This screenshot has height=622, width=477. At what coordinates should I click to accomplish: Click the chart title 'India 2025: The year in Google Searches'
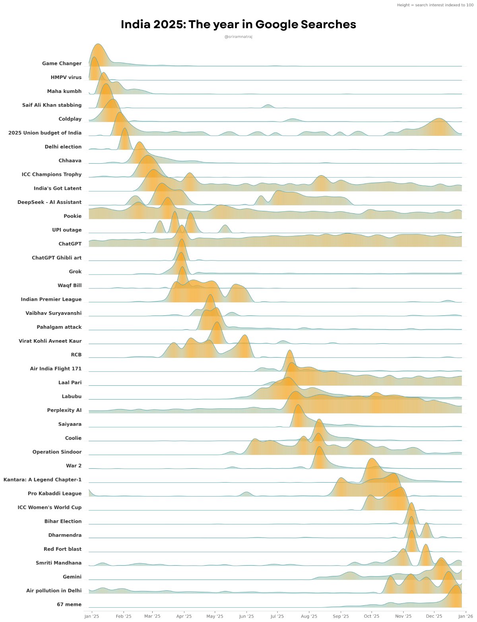click(238, 25)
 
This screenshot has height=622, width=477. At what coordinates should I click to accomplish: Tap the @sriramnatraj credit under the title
click(238, 37)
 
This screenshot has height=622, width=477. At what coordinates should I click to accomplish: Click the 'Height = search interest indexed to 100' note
click(435, 5)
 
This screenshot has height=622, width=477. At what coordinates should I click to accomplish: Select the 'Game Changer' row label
click(62, 64)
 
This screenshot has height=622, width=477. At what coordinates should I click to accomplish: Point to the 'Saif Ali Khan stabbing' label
click(52, 105)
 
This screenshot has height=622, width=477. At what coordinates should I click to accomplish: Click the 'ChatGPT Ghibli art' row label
click(56, 258)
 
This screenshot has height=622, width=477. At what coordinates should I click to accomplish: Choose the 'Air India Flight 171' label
click(56, 369)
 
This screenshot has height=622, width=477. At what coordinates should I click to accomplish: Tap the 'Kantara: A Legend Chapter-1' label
click(43, 480)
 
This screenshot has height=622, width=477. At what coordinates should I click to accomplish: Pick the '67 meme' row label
click(69, 605)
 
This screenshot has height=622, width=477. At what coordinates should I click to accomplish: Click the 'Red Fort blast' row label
click(62, 549)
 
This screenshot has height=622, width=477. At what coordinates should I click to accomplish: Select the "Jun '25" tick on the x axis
click(246, 616)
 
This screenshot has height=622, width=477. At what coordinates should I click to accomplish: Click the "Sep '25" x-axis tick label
click(341, 616)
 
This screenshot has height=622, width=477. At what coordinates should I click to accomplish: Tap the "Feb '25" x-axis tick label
click(124, 616)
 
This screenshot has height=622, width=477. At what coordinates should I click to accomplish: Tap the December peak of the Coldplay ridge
click(439, 119)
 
